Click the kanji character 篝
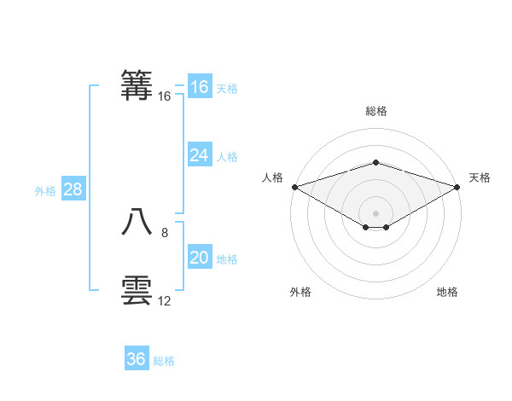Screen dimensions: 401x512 [x=137, y=86]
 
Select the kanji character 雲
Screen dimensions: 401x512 [x=137, y=291]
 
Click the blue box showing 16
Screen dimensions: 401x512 [x=200, y=87]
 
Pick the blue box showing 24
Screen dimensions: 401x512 [x=200, y=155]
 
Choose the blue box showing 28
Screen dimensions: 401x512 [x=73, y=189]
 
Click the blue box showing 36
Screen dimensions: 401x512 [x=137, y=359]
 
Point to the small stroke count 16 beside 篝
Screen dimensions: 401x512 [x=165, y=96]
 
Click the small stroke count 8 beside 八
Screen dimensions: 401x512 [x=165, y=232]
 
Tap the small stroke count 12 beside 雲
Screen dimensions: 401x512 [x=165, y=301]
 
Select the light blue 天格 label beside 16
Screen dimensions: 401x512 [x=227, y=88]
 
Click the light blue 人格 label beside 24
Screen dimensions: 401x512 [x=227, y=156]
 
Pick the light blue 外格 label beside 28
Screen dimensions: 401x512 [x=45, y=191]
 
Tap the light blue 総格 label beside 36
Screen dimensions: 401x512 [x=164, y=361]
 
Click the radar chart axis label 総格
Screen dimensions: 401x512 [x=375, y=111]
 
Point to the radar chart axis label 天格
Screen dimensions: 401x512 [x=480, y=177]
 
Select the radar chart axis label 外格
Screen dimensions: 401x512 [x=300, y=292]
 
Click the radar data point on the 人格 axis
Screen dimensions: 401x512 [x=294, y=187]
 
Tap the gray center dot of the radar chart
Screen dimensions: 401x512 [x=375, y=212]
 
